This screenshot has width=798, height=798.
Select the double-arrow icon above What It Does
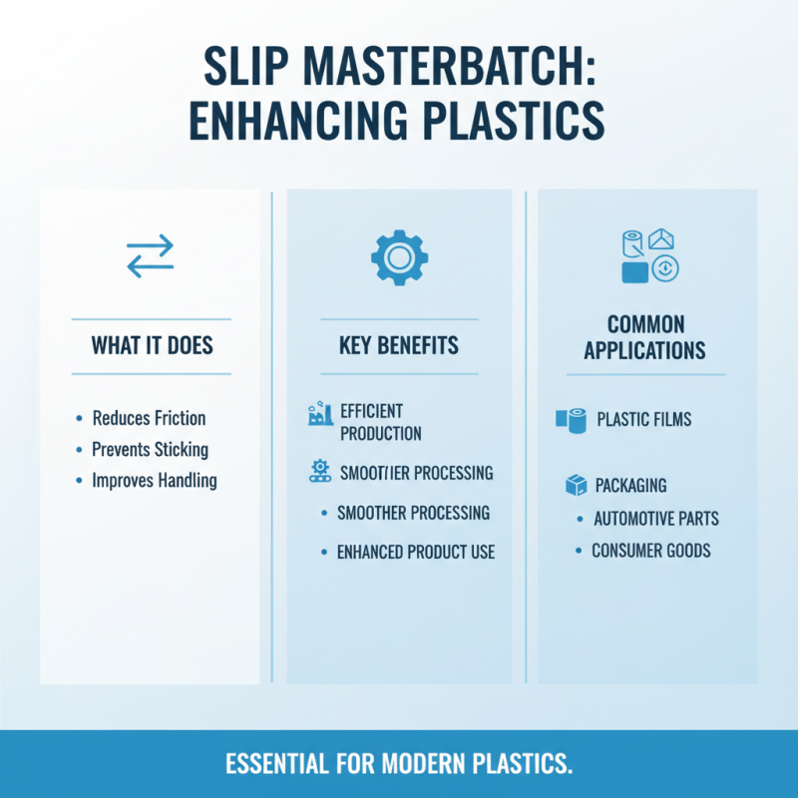point(150,256)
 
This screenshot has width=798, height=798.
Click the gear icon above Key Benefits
point(399,256)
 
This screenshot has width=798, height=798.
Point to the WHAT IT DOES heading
point(152,347)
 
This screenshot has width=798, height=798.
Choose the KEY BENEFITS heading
point(399,347)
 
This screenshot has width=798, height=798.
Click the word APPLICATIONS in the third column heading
point(644,351)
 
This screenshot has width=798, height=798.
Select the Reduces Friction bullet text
point(149,418)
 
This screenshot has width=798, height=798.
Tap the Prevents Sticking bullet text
point(150,449)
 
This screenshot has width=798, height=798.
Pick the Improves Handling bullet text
point(154,480)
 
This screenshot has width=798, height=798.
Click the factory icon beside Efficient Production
point(319,415)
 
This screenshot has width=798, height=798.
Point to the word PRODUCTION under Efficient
point(380,434)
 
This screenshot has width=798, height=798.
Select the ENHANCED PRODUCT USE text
point(415,552)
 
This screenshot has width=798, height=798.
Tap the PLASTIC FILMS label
point(643,420)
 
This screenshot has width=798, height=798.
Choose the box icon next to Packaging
point(576,486)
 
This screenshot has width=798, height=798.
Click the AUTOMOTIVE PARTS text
point(655,519)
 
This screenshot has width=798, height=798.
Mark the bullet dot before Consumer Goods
point(578,551)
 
